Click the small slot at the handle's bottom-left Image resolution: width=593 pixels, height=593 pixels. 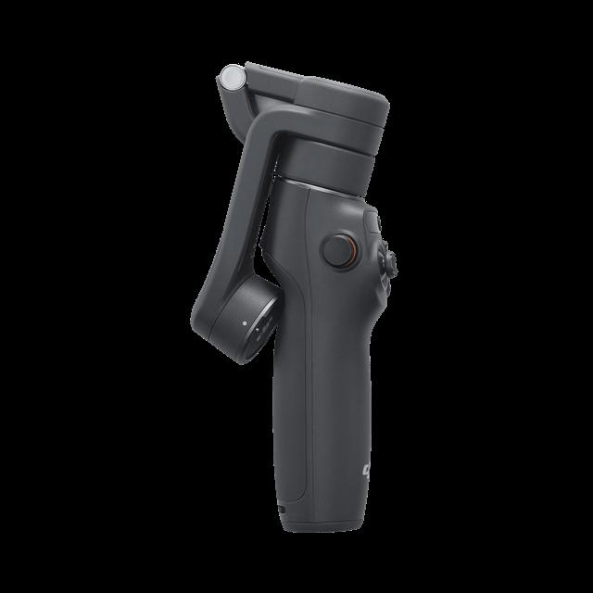point(282,508)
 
